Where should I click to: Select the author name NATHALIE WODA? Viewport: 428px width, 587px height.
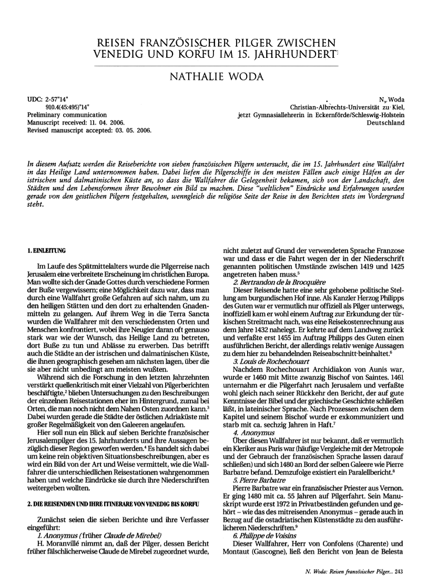(213, 78)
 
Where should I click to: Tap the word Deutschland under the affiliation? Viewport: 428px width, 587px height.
(386, 122)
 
